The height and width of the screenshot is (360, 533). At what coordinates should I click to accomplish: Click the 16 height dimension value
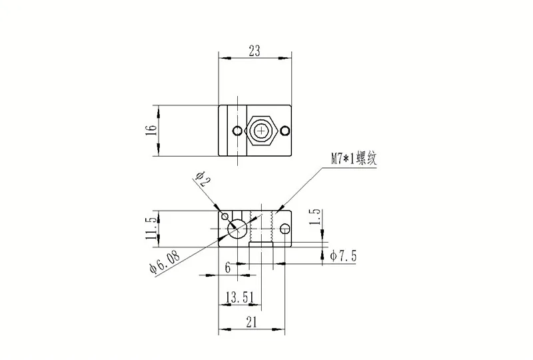[151, 129]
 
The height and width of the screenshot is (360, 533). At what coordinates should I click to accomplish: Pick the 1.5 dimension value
[316, 217]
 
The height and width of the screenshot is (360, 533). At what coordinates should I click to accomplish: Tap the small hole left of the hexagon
[235, 129]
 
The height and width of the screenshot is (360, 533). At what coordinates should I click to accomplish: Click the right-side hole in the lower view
[285, 229]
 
